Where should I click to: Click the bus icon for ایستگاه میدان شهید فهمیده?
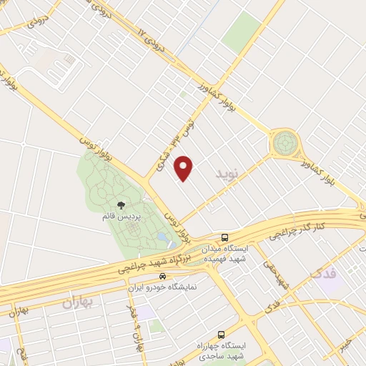[x=225, y=238]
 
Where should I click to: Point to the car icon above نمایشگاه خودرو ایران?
[x=164, y=276]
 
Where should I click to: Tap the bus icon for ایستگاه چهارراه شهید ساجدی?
[x=220, y=334]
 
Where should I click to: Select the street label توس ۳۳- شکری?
[x=164, y=144]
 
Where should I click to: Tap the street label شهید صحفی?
[x=274, y=274]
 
